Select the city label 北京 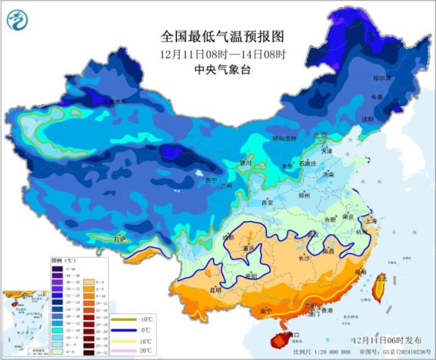[x=320, y=135]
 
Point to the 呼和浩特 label [x=285, y=138]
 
